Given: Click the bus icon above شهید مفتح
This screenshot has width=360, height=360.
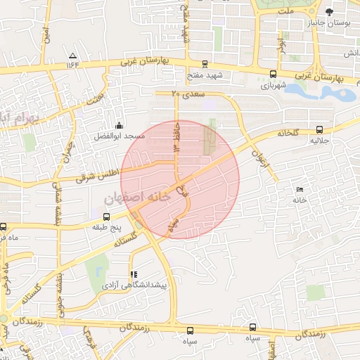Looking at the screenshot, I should pos(205,63).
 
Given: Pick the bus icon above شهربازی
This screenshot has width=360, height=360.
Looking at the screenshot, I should pos(273,74).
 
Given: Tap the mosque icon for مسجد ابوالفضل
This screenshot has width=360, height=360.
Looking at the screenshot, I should pos(119,124).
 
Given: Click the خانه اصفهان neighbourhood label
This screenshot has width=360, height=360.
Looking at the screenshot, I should pos(138,199).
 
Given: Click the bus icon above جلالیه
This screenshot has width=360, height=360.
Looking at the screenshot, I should pos(320,129).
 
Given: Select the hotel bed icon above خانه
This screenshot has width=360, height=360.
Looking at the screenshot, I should pos(300,189).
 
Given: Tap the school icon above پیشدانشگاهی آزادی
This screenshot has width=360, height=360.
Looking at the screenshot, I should pos(134,274).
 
